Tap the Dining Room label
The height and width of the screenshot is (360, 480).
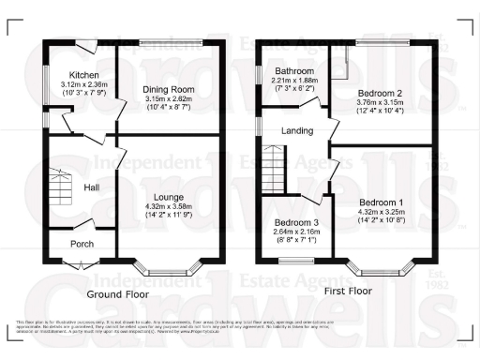166,90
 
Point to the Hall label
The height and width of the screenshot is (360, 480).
92,188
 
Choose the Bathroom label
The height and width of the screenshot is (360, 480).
293,71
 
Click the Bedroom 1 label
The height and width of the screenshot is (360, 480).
382,203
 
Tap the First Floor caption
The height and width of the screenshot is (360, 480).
349,292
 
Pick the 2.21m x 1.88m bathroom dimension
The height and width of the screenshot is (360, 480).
293,81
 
